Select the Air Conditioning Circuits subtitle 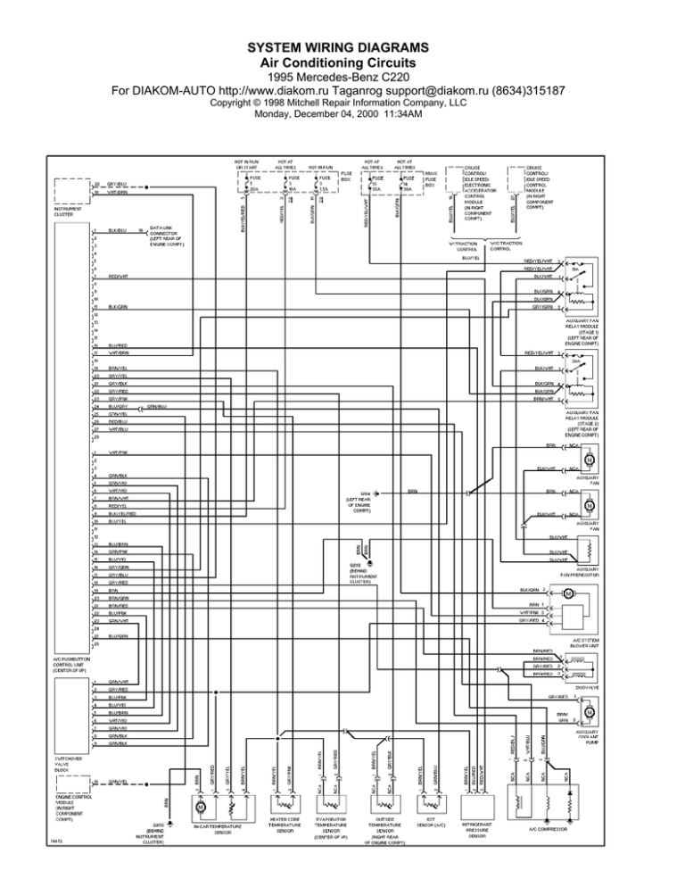[342, 63]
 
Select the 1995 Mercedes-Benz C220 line [342, 78]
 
